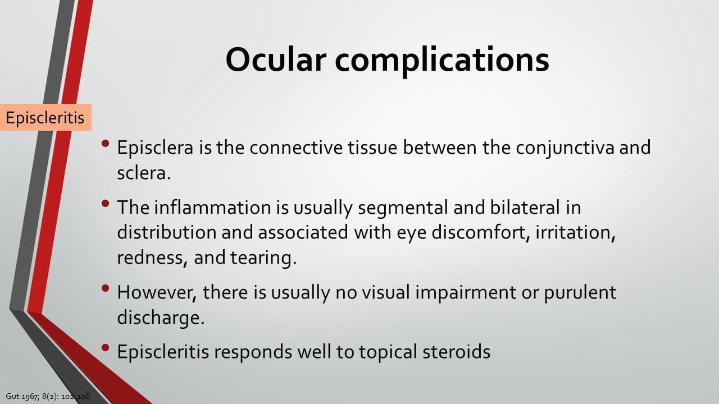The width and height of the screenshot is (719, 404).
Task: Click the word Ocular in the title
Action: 276,59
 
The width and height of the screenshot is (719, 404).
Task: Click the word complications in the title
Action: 442,62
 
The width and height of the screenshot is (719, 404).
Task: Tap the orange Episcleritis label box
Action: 45,117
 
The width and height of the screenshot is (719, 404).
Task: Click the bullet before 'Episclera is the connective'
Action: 105,143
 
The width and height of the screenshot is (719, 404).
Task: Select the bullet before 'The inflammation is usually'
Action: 105,203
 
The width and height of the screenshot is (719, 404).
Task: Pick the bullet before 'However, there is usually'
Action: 105,288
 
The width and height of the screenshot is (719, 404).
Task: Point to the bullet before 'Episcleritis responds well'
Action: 105,347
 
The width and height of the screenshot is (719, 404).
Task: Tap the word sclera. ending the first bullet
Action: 143,173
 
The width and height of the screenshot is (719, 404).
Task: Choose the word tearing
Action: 263,259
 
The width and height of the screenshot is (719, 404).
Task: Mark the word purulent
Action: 580,293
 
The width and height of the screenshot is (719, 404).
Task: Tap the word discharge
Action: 161,318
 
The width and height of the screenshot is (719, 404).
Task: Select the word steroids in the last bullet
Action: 457,351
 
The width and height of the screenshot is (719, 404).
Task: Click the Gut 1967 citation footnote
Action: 49,396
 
